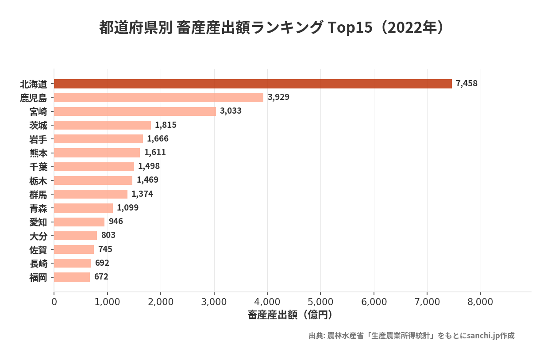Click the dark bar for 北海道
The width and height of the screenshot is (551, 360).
253,84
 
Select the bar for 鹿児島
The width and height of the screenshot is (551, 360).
158,97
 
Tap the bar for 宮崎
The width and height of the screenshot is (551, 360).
135,111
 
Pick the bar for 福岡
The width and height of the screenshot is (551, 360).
72,277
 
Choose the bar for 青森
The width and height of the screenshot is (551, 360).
83,208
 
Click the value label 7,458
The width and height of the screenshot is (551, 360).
466,84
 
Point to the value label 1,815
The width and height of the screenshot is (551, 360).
166,125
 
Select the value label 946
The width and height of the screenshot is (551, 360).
116,222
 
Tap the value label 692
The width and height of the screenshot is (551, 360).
102,263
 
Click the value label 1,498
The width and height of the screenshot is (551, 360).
149,166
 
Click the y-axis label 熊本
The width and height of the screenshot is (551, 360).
38,153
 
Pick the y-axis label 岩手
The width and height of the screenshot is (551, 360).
38,139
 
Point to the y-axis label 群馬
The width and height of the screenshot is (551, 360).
38,194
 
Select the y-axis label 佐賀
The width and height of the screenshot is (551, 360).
38,249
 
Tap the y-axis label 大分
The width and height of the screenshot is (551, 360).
38,236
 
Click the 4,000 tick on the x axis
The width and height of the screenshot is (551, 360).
267,302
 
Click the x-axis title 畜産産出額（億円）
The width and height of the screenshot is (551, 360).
290,315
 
